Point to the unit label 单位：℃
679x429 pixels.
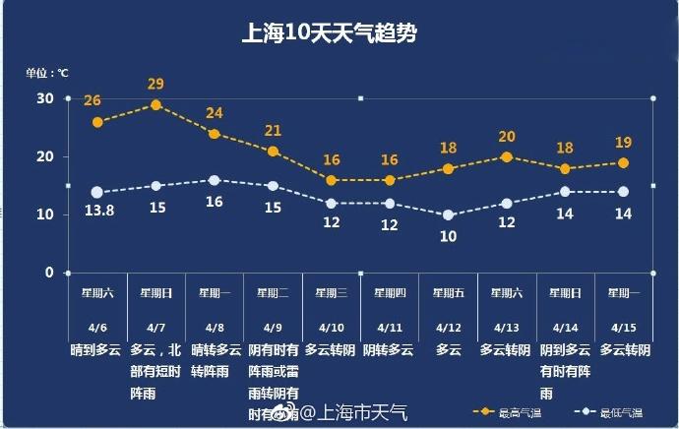tap(47, 72)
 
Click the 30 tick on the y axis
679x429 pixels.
tap(45, 98)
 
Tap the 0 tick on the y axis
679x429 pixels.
tap(49, 273)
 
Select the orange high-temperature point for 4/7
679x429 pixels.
tap(155, 105)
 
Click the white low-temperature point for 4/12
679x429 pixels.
tap(448, 214)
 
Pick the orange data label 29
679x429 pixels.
tap(155, 84)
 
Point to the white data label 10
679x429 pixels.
tap(448, 236)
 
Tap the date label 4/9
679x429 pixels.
tap(273, 328)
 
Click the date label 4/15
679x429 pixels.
tap(623, 328)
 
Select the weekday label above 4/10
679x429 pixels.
tap(331, 292)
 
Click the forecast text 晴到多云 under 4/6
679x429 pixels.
tap(96, 349)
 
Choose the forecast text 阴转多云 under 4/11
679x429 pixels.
tap(389, 349)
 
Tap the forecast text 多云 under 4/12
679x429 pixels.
tap(448, 349)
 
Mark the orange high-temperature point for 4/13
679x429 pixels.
tap(507, 157)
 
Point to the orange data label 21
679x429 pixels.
tap(273, 131)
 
